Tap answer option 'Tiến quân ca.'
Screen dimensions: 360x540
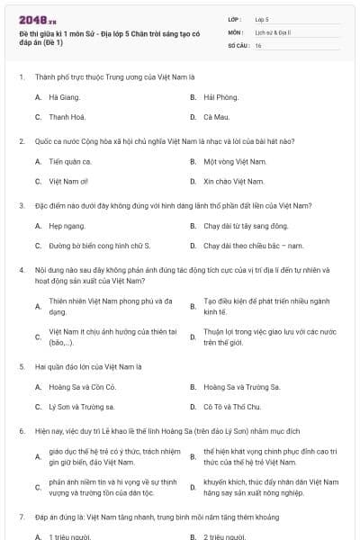[x=70, y=161]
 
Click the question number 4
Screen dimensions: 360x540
[x=21, y=270]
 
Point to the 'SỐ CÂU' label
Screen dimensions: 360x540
[x=238, y=45]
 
